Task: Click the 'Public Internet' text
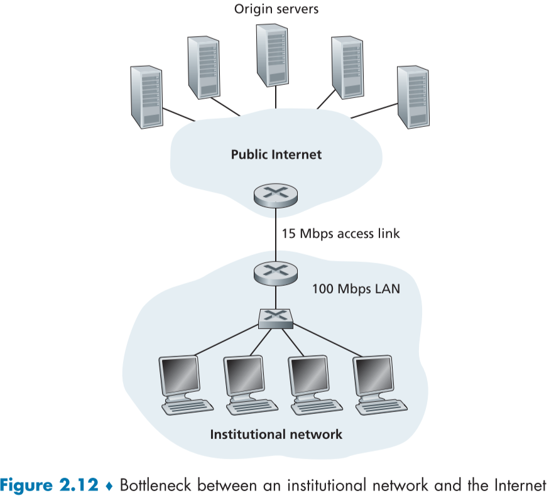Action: (x=276, y=154)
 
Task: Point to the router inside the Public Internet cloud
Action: (x=276, y=196)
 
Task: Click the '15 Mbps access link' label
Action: (x=340, y=234)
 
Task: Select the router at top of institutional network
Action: (x=275, y=271)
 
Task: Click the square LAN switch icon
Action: (x=276, y=318)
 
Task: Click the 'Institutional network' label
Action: (x=276, y=434)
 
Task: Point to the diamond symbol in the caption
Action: (x=110, y=485)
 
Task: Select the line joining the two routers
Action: (x=275, y=234)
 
